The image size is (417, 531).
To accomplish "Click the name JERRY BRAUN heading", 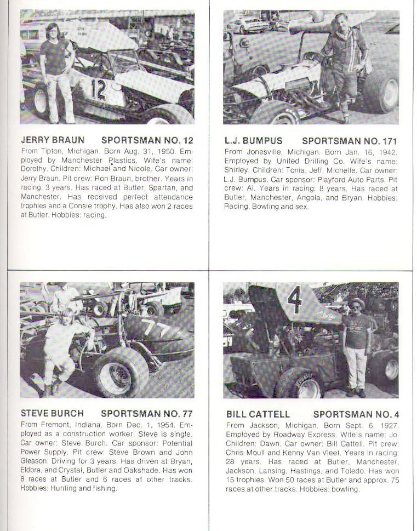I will click(x=53, y=140).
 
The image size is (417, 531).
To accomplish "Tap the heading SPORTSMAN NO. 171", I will click(x=350, y=140).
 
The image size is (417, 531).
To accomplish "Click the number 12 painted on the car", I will click(x=99, y=89).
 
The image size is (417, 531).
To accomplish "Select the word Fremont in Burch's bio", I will click(x=54, y=425).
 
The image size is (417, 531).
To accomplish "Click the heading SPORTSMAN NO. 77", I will click(x=147, y=414).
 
